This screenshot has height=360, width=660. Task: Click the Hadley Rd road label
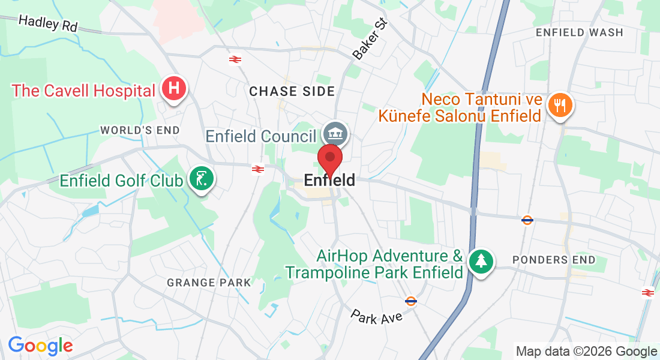pos(48,23)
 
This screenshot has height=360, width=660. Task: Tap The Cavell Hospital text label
pos(83,91)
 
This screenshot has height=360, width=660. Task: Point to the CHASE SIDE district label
pos(292,91)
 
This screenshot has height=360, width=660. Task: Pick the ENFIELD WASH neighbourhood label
pos(580,32)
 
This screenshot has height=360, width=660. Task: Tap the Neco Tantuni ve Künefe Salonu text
pos(460,107)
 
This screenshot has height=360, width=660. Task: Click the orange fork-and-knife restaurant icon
pos(560,106)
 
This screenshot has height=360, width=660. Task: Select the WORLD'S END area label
pos(140,130)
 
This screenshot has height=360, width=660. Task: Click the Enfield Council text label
pos(261,136)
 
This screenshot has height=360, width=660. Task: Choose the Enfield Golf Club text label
pos(121,180)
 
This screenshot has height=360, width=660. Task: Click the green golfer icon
pos(201,179)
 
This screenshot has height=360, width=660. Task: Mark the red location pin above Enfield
pos(329,160)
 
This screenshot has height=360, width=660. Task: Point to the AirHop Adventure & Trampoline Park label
pos(375,264)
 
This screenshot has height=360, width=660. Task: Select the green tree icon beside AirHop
pos(481,261)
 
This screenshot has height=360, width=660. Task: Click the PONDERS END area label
pos(554,260)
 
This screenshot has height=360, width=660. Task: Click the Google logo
pos(40,346)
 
